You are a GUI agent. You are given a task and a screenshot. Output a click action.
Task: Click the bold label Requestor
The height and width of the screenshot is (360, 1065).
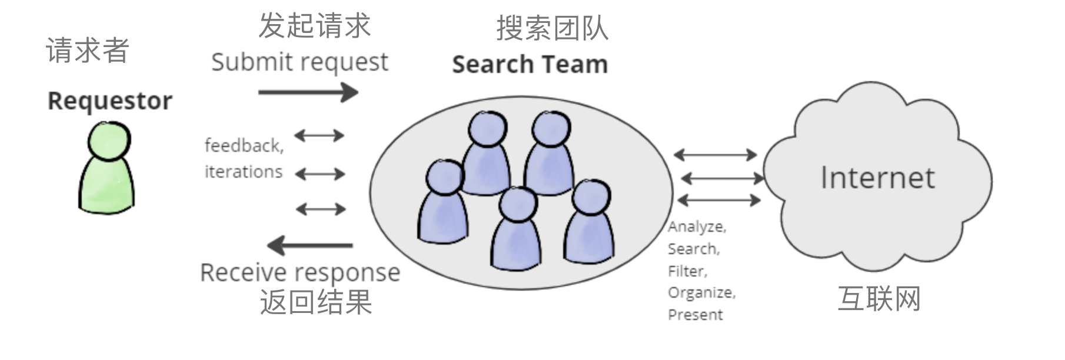tap(110, 101)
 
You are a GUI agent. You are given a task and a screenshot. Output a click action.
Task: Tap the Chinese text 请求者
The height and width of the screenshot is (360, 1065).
tap(87, 51)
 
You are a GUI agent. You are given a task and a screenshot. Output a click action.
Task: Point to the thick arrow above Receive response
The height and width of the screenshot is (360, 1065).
tap(310, 245)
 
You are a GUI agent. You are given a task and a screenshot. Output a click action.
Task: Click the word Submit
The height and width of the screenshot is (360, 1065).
tap(243, 62)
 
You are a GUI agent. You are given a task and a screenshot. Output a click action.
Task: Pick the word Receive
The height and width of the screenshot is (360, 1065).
tap(238, 273)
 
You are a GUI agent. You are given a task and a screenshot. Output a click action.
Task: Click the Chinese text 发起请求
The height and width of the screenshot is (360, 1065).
tap(314, 26)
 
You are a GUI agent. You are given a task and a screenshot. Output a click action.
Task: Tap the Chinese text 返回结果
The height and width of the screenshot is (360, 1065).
tap(315, 302)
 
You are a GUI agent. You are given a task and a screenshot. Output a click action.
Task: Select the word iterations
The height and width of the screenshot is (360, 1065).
tap(244, 172)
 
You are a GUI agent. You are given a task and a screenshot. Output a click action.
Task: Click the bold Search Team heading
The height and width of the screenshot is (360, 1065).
tap(530, 64)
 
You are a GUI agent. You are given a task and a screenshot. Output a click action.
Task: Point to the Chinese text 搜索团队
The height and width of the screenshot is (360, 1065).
tap(552, 28)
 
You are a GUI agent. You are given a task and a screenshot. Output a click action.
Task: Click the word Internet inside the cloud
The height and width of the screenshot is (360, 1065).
tap(877, 178)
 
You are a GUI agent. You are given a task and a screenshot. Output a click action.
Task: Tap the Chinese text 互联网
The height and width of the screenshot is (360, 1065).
tap(878, 299)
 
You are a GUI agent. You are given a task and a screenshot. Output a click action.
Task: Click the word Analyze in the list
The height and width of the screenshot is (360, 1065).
tap(696, 226)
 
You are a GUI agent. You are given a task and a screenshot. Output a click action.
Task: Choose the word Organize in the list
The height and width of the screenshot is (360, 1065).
tap(701, 292)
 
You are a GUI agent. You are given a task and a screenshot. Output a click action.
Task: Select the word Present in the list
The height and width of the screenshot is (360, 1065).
tap(695, 315)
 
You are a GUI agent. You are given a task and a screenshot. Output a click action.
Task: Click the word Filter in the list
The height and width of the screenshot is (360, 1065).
tap(687, 271)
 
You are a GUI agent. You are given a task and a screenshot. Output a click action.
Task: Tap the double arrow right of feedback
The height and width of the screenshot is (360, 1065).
tap(319, 136)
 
